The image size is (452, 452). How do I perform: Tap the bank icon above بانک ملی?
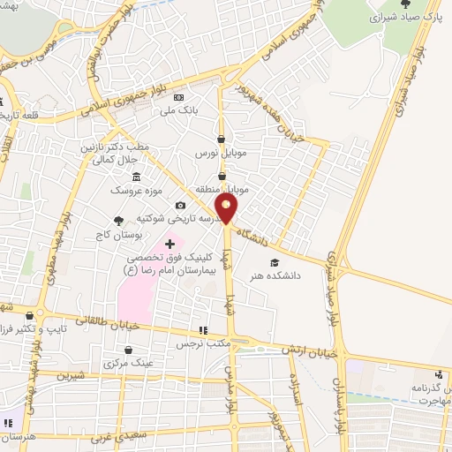point(180,97)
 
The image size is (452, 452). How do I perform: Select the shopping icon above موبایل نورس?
point(222,139)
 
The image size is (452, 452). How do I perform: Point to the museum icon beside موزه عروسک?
point(135,177)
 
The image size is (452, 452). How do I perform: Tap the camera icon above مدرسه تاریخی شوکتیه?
point(180,205)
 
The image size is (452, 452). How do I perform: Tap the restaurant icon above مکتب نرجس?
point(204,330)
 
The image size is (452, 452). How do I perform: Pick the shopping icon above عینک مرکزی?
point(129,350)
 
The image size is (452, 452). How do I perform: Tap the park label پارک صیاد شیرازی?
point(405,16)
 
